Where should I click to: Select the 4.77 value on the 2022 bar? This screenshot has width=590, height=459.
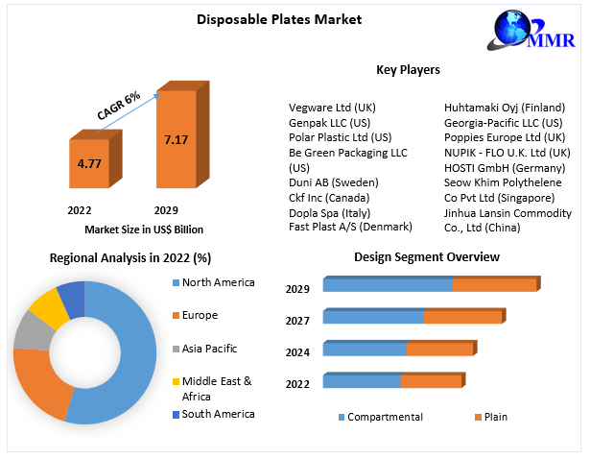(89, 163)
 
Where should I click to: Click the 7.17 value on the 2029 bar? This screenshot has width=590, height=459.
(176, 140)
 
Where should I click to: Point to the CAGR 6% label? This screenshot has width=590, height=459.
(119, 105)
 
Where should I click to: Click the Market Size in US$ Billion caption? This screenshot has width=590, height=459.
(144, 229)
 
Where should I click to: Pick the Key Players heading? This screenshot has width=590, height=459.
(409, 70)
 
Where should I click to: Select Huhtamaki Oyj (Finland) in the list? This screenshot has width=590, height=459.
(505, 108)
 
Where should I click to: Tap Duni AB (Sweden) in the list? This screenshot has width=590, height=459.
(334, 182)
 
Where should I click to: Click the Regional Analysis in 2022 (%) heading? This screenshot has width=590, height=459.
(130, 257)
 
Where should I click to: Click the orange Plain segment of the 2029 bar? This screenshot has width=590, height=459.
(494, 285)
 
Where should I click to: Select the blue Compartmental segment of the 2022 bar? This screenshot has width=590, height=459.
(362, 381)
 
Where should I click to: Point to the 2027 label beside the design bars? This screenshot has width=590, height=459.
(297, 321)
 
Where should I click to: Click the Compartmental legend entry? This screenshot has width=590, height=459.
(383, 417)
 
